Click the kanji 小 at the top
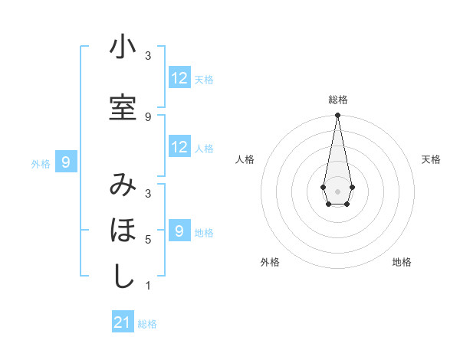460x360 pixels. point(123,47)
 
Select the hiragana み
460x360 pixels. point(123,185)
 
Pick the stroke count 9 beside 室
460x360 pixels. point(148,116)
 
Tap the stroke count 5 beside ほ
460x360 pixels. point(148,240)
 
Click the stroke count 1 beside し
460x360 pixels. point(148,286)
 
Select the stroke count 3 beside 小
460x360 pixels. point(148,56)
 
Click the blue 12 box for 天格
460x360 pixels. point(179,78)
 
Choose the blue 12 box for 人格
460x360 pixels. point(179,147)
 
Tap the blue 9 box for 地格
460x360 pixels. point(179,231)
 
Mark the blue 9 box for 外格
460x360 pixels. point(67,162)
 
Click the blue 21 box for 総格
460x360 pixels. point(123,322)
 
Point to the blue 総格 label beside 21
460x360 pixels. point(147,324)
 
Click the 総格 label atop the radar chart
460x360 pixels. point(338,100)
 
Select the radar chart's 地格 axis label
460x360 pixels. point(402,262)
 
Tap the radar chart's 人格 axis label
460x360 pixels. point(245,159)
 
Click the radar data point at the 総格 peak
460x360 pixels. point(337,116)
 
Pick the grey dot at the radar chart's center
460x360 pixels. point(337,190)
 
